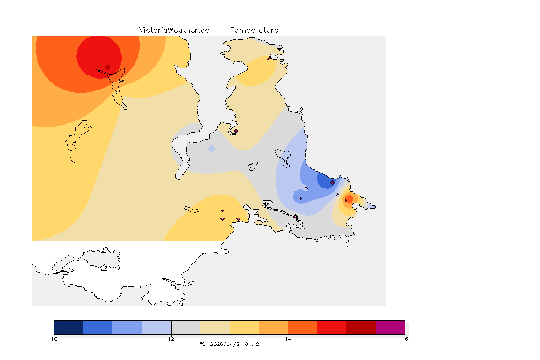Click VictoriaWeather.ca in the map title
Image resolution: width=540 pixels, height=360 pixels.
click(x=174, y=30)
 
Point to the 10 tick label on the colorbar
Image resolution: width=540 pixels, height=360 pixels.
click(x=54, y=339)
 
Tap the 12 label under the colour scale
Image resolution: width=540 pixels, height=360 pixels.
click(x=171, y=339)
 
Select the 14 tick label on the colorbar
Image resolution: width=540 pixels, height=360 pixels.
click(x=288, y=339)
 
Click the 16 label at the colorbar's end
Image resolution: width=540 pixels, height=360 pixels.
click(x=405, y=339)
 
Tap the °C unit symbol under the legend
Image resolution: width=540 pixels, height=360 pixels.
click(x=202, y=344)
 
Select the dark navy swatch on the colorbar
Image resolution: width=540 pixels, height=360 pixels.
click(x=69, y=327)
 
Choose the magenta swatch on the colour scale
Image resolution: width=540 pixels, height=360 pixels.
click(x=390, y=327)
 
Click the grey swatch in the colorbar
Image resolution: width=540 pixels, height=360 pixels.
click(x=186, y=327)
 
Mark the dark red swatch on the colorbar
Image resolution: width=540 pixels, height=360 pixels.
click(x=361, y=327)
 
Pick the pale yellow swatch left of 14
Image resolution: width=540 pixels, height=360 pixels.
click(x=244, y=327)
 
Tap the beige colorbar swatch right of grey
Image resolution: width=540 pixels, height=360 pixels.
click(x=215, y=327)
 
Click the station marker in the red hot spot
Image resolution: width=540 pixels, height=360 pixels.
click(x=108, y=68)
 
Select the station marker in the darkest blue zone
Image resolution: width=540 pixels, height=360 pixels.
click(x=332, y=182)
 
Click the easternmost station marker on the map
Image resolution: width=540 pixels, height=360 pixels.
click(x=374, y=207)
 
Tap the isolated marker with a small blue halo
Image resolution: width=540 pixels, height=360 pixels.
click(x=212, y=148)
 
